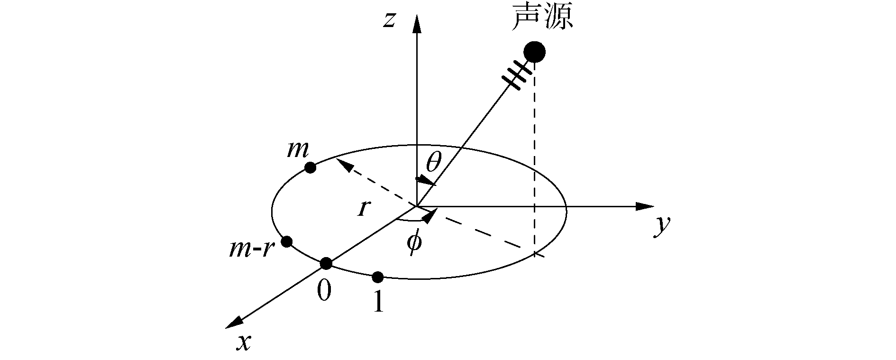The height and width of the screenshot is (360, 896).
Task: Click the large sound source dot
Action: [534, 52]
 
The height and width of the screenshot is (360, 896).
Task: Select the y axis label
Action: [661, 227]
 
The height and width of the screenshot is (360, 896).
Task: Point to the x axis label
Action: [244, 342]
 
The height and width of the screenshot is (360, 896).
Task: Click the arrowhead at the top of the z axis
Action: [417, 24]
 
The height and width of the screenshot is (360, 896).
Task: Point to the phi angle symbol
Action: [414, 243]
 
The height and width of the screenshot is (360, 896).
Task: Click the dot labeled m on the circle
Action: [310, 167]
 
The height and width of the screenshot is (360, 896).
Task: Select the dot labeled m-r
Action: [286, 241]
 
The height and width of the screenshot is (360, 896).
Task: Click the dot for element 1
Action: [377, 277]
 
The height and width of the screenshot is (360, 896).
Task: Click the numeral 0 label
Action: [324, 290]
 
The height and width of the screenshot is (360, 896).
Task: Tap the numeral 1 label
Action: [378, 302]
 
